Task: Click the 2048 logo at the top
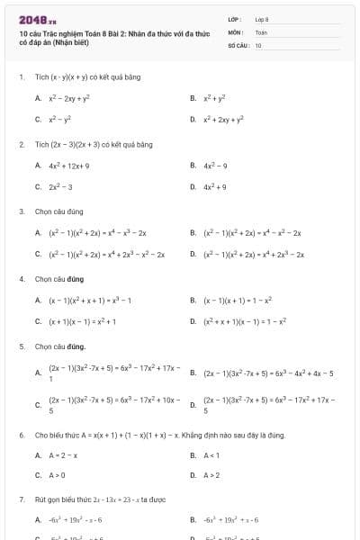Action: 37,20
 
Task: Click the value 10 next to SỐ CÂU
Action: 258,43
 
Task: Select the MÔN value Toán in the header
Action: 261,31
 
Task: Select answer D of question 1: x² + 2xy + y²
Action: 226,118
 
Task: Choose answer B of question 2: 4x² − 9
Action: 220,165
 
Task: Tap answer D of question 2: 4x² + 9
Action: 220,186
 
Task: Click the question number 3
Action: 22,211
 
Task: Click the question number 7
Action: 22,499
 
